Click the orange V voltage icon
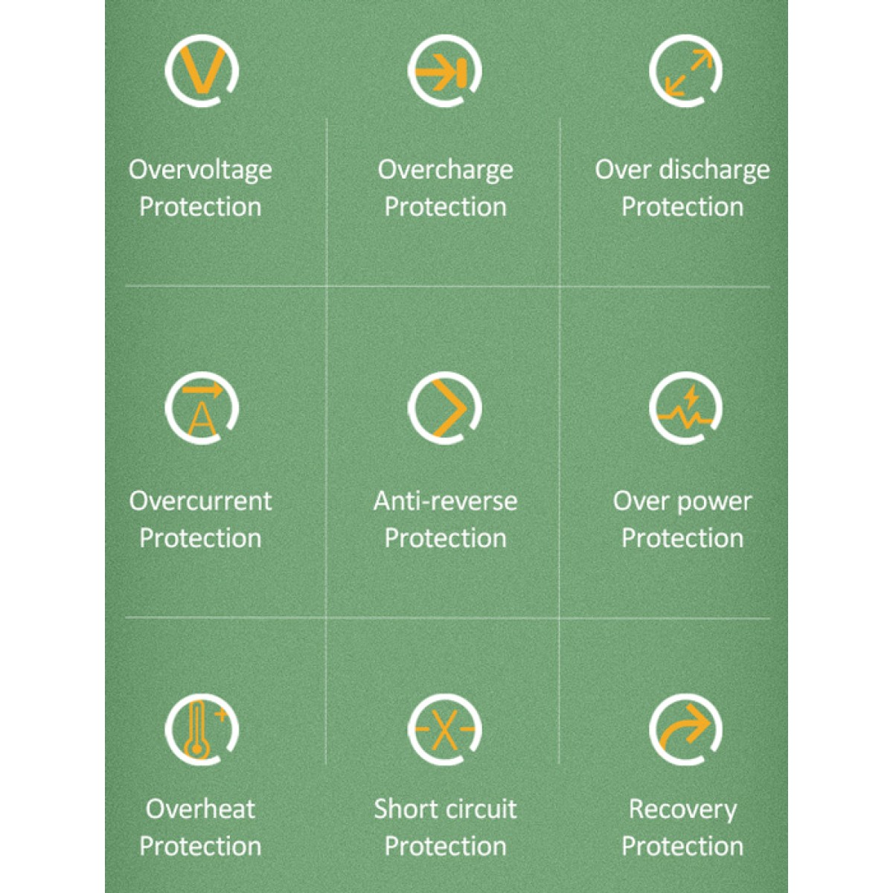pyautogui.click(x=202, y=71)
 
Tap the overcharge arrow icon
pyautogui.click(x=445, y=71)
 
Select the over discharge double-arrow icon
pyautogui.click(x=686, y=71)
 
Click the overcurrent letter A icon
pyautogui.click(x=202, y=408)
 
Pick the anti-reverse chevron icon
pyautogui.click(x=445, y=408)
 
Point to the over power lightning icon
pyautogui.click(x=686, y=408)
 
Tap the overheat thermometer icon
pyautogui.click(x=202, y=730)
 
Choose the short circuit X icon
pyautogui.click(x=445, y=730)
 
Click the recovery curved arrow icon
pyautogui.click(x=686, y=730)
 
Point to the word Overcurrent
pyautogui.click(x=200, y=502)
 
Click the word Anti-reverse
pyautogui.click(x=445, y=502)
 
